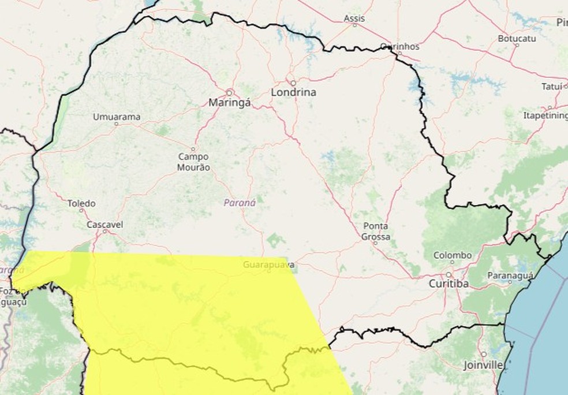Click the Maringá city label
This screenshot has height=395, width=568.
(229, 103)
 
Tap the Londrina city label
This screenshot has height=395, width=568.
(293, 92)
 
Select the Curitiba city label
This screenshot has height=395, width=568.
(449, 284)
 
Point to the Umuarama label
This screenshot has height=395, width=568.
(117, 117)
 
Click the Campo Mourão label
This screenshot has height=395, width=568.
(193, 162)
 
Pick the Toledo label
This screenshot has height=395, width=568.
(81, 204)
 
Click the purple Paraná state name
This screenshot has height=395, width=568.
(240, 203)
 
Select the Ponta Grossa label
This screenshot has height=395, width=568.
(376, 231)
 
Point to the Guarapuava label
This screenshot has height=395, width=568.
(268, 264)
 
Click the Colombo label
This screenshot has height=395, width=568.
(452, 255)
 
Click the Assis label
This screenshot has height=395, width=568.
(354, 18)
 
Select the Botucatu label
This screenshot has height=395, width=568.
(517, 39)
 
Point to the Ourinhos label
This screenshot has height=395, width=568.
(400, 46)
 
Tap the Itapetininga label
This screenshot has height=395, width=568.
(545, 115)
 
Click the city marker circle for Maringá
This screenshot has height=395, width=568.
(229, 92)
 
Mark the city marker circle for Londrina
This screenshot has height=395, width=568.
(293, 83)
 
